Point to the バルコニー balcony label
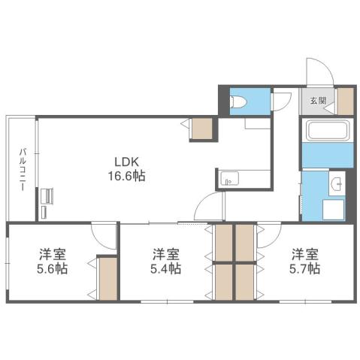click(x=23, y=171)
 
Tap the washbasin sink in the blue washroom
click(x=336, y=183)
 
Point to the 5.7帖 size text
click(x=305, y=268)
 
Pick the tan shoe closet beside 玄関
click(x=345, y=101)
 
